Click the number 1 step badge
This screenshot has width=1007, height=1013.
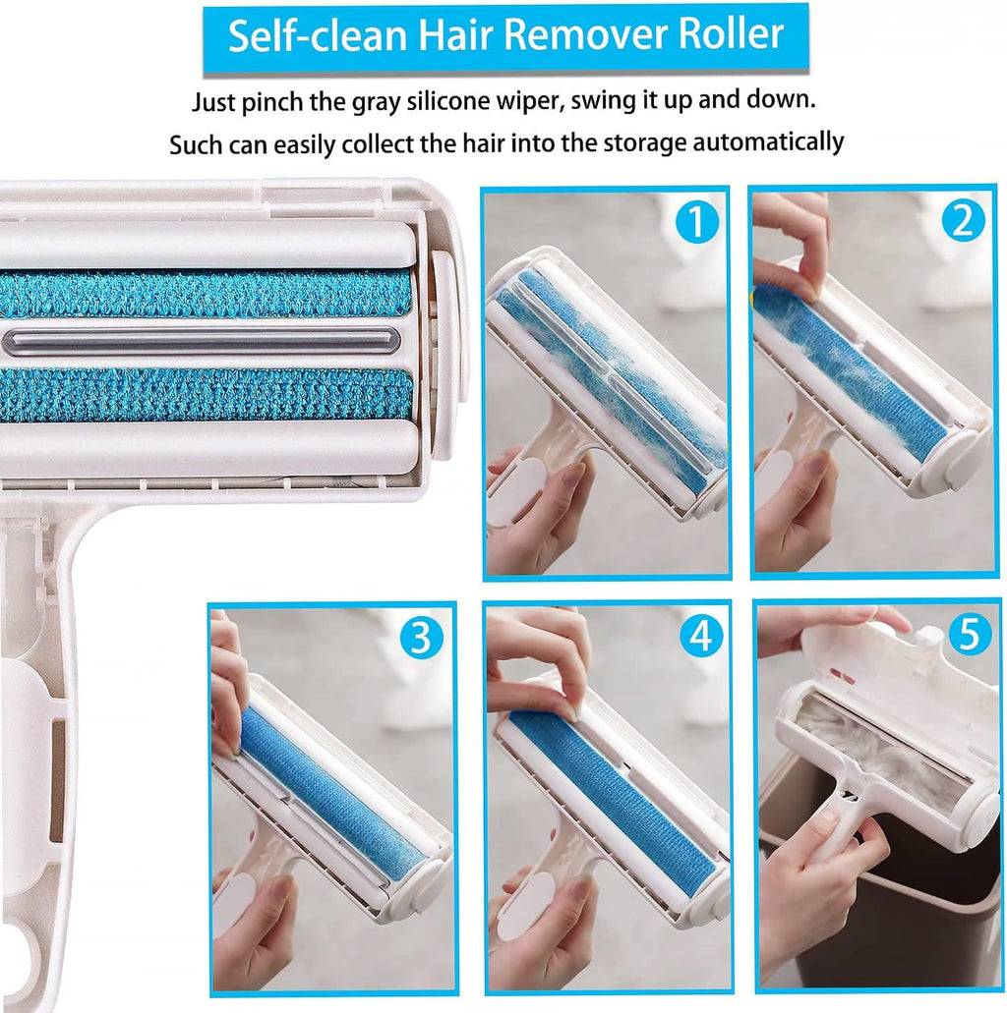(696, 223)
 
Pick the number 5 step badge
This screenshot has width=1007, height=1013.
(969, 636)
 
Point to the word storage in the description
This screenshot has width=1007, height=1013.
(624, 142)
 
